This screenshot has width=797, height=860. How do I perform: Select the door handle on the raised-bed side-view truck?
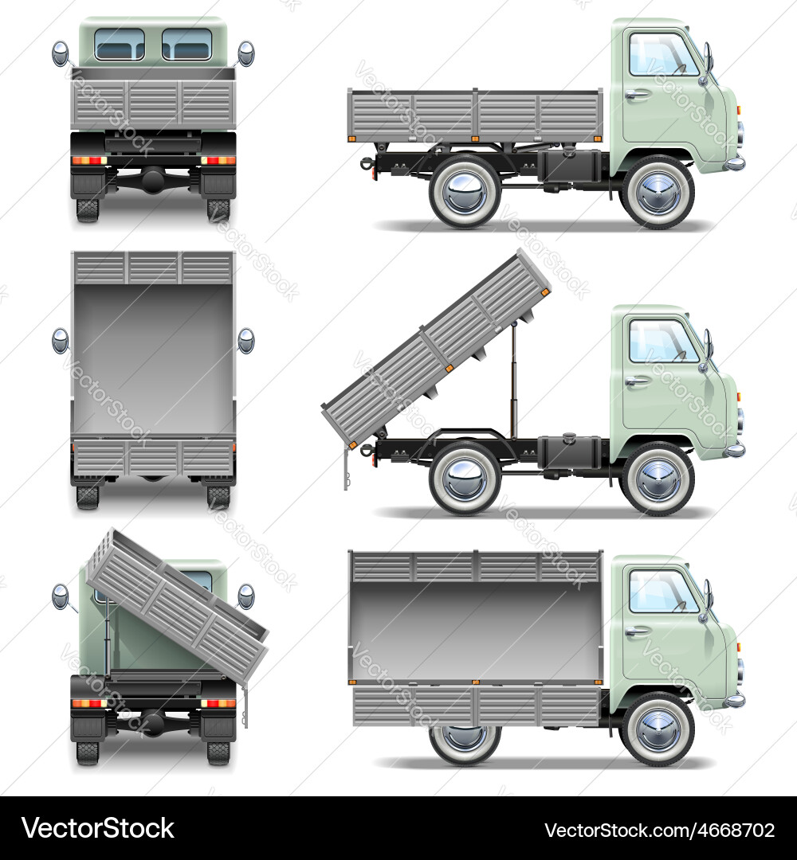(636, 381)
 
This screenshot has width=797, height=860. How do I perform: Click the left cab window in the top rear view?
(120, 45)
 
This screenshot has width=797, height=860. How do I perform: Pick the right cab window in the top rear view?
(186, 45)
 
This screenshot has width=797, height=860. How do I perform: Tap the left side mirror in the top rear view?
(61, 54)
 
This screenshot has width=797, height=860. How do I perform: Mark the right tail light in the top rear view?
(218, 160)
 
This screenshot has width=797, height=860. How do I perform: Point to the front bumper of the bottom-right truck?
(735, 701)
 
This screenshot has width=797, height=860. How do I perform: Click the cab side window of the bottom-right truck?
(662, 591)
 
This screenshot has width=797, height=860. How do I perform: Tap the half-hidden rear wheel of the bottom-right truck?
(465, 741)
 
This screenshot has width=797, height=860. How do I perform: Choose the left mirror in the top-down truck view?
(61, 340)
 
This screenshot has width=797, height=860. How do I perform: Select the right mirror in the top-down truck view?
(246, 340)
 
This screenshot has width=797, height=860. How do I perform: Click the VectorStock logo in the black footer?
(98, 828)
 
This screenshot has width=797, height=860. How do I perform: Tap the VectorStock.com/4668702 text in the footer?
(659, 830)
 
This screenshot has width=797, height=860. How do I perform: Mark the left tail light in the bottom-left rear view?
(88, 703)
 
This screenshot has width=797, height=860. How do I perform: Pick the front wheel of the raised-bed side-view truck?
(658, 479)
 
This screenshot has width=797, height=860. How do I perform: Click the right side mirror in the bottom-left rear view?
(246, 596)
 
